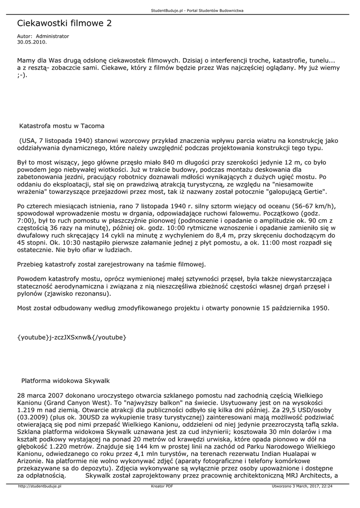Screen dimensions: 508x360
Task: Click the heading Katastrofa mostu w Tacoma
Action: pyautogui.click(x=62, y=126)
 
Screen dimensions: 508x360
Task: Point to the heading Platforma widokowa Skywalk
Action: pyautogui.click(x=65, y=381)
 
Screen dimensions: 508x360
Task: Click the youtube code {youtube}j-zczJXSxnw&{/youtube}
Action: pyautogui.click(x=72, y=337)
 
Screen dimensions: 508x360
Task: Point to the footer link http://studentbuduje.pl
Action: pyautogui.click(x=39, y=486)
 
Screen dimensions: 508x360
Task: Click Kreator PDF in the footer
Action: pyautogui.click(x=162, y=486)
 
